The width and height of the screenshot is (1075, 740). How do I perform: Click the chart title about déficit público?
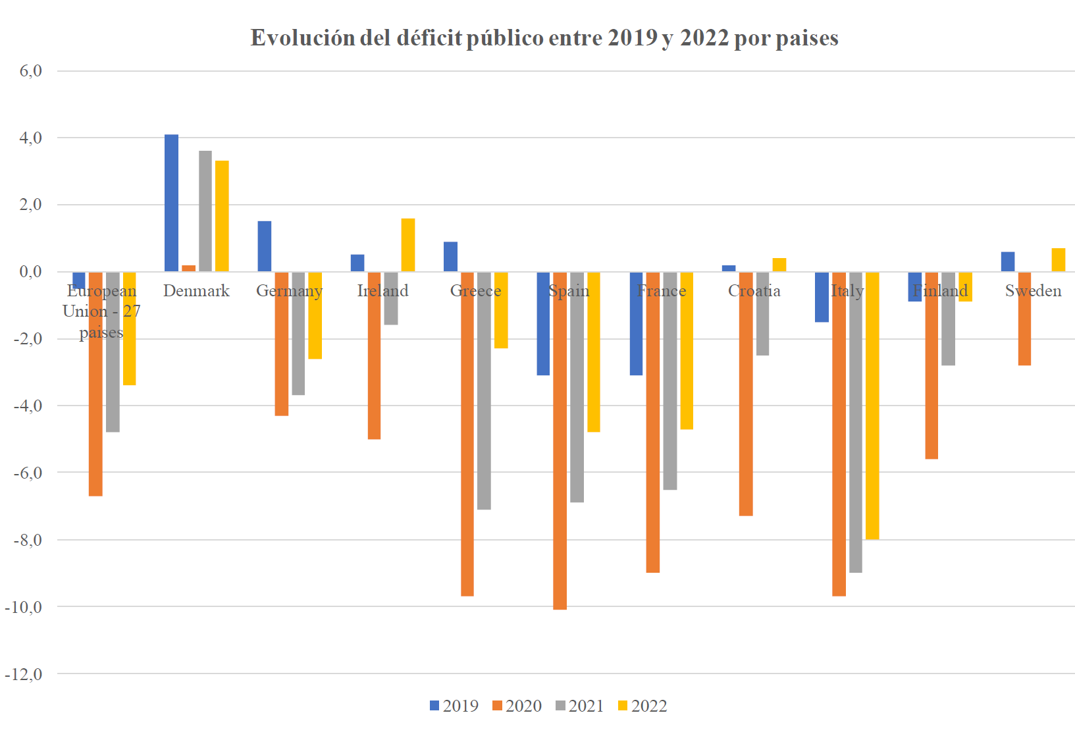point(544,38)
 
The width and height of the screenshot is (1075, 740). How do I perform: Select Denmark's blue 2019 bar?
point(171,203)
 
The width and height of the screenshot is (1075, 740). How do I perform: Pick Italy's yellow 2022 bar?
point(872,405)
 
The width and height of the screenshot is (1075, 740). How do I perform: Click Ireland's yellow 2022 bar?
point(407,245)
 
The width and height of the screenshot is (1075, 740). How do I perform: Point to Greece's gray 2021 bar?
point(484,390)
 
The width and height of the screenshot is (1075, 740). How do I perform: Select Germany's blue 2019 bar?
point(265,246)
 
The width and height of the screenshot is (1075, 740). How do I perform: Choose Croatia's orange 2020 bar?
point(746,393)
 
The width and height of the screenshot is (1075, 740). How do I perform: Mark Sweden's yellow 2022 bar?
point(1058,260)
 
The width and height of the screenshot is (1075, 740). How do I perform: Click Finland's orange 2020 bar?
point(931,365)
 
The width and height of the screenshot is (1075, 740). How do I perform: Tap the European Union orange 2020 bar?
point(95,383)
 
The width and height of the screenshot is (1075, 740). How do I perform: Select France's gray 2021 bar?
point(670,381)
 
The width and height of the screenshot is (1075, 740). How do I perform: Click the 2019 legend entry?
point(454,706)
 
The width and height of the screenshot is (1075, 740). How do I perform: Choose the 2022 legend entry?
point(642,706)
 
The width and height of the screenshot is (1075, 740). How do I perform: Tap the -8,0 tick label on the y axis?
point(27,540)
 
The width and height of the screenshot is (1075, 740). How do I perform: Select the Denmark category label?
point(196,291)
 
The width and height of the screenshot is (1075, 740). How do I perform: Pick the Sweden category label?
point(1033,291)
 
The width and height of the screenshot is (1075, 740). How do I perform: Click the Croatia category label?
point(754,291)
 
